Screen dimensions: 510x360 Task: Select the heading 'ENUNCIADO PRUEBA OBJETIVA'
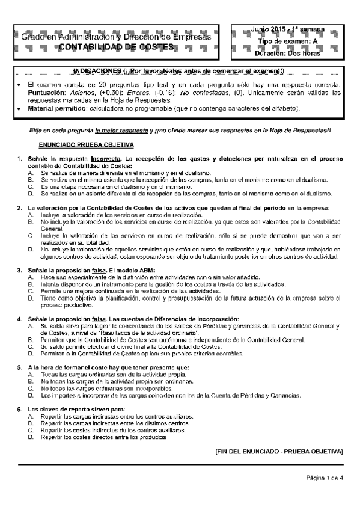click(x=87, y=146)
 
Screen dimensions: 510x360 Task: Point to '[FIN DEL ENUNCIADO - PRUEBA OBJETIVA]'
click(x=278, y=450)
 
